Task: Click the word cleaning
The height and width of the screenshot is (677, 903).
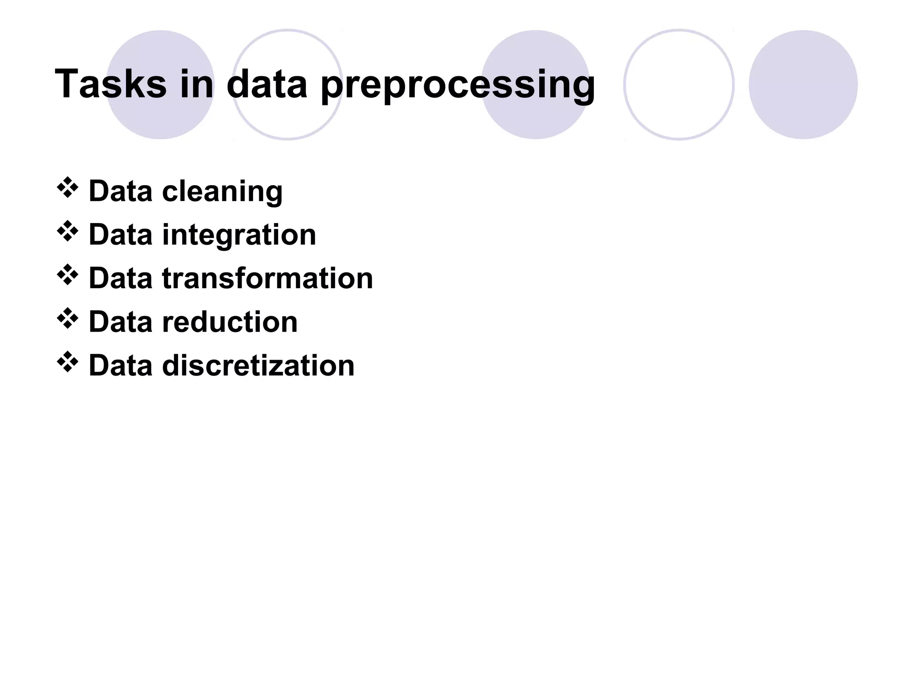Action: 222,192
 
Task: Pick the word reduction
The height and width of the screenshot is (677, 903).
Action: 230,322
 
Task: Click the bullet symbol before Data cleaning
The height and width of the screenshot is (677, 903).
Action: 67,188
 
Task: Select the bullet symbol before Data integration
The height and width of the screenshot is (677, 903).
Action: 67,231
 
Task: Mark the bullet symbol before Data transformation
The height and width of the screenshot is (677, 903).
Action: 67,275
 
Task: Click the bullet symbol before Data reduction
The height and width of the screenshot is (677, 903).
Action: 67,319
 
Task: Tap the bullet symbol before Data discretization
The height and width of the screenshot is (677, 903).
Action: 67,362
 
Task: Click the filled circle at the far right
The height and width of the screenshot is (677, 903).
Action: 803,85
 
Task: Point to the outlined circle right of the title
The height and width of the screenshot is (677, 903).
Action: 679,85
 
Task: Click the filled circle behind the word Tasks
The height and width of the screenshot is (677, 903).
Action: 160,119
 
